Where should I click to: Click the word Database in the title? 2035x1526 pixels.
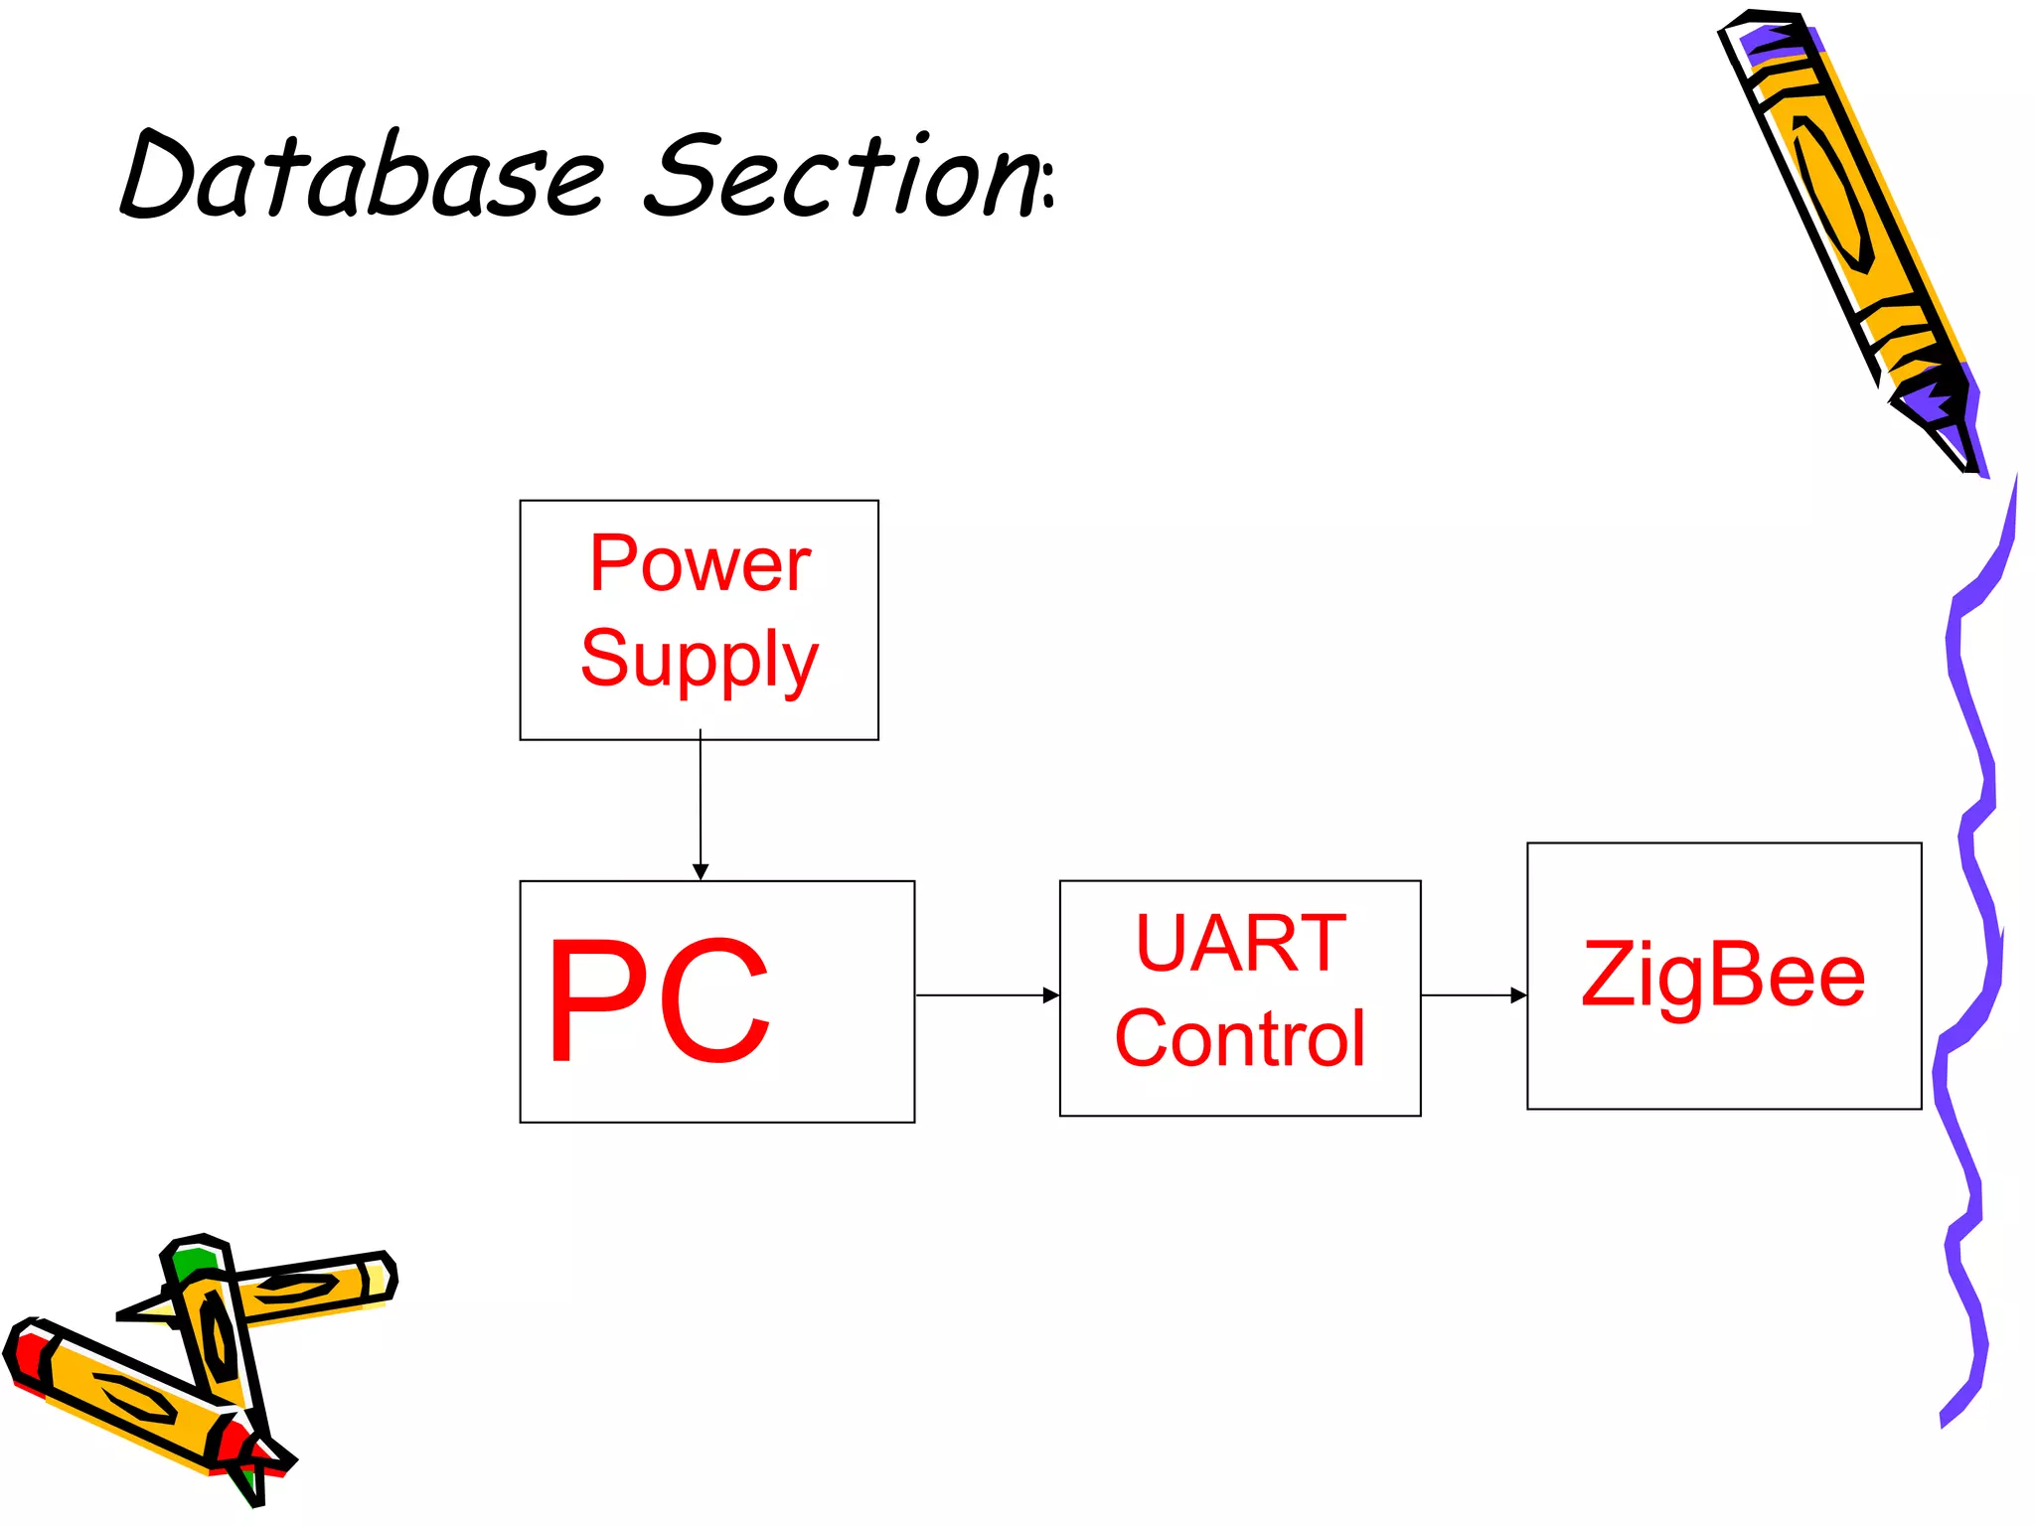click(363, 177)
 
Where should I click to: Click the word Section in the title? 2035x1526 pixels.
click(840, 177)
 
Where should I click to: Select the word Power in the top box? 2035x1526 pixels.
click(700, 564)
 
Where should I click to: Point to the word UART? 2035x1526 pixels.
click(1240, 943)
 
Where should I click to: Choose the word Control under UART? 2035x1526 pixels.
click(1240, 1039)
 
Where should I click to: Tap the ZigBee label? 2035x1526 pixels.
click(1723, 975)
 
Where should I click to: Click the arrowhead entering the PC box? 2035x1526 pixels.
click(701, 871)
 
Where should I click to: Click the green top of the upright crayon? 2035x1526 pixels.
click(194, 1262)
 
